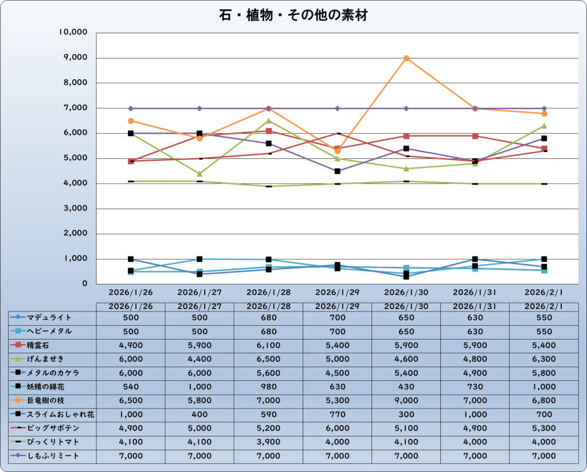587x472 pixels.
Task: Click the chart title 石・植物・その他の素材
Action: tap(293, 15)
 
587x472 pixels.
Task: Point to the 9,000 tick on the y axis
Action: tap(73, 58)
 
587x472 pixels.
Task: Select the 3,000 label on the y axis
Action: tap(73, 209)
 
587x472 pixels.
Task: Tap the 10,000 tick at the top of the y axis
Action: tap(72, 33)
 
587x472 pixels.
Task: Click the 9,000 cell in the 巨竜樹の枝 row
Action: tap(406, 400)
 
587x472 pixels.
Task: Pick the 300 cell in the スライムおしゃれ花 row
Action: tap(406, 414)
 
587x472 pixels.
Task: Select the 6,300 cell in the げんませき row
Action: tap(543, 359)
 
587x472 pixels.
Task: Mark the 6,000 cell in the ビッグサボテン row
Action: tap(337, 428)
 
